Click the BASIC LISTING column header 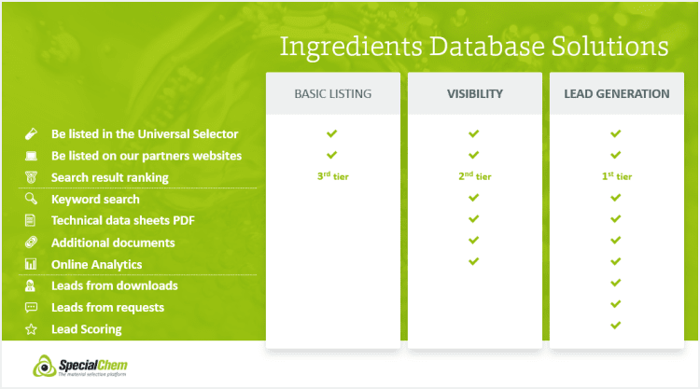[x=332, y=93]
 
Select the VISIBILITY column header [x=475, y=93]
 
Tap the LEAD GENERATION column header [x=617, y=93]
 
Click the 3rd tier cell [x=332, y=176]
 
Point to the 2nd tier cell [x=474, y=176]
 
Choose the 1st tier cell [x=617, y=176]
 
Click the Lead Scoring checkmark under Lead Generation [x=616, y=326]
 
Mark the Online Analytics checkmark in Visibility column [x=473, y=261]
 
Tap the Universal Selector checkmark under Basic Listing [x=331, y=133]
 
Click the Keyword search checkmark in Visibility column [x=473, y=197]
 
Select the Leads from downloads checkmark [x=616, y=283]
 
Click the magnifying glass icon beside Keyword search [x=31, y=199]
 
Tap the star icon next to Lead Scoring [x=31, y=329]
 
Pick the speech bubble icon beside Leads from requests [x=31, y=307]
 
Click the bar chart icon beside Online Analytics [x=31, y=264]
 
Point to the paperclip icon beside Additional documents [x=31, y=243]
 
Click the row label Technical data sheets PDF [x=123, y=220]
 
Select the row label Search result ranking [x=110, y=177]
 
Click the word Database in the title [x=487, y=47]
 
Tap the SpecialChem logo [x=80, y=366]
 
